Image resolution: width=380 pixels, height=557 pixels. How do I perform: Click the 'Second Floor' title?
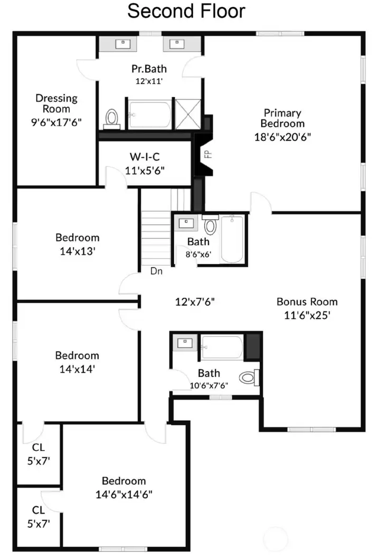[186, 12]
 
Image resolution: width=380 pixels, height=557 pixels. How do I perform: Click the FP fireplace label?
[208, 154]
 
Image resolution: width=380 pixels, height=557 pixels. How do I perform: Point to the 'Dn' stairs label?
[156, 272]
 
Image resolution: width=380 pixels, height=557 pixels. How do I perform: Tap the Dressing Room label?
[56, 103]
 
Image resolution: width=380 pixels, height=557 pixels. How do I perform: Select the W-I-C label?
[145, 157]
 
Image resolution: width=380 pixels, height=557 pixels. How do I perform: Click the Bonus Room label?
[307, 302]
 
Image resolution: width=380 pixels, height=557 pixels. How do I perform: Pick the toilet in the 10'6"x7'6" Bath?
[248, 377]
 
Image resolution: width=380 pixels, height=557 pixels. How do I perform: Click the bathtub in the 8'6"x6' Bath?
[232, 240]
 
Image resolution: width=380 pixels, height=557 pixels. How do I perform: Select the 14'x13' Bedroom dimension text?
[77, 251]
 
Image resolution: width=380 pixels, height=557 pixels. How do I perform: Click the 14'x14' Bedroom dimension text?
[77, 370]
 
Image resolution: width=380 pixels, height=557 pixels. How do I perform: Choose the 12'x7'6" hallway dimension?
[194, 302]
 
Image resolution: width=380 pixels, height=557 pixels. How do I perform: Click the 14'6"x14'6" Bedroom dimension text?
[124, 495]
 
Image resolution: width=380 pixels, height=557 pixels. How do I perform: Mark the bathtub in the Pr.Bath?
[150, 114]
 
